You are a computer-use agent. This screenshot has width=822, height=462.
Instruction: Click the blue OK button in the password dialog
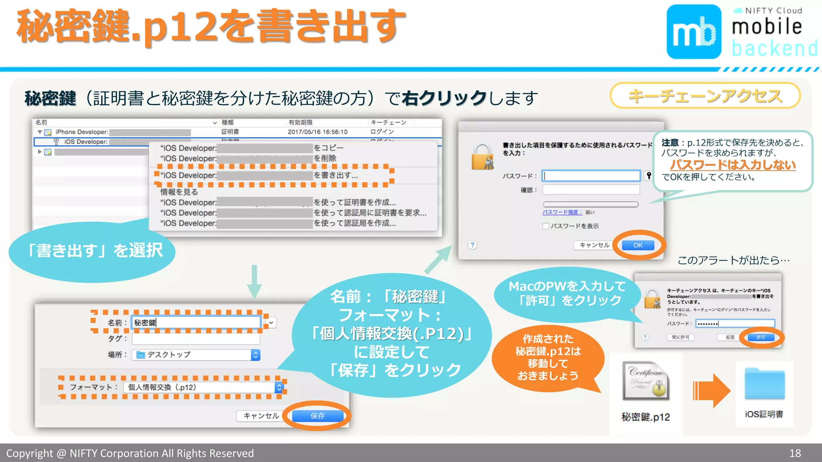638,245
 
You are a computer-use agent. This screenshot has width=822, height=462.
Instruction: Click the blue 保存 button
317,416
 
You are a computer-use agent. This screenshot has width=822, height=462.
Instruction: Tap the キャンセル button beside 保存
261,416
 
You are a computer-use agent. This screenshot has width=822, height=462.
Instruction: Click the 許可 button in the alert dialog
761,337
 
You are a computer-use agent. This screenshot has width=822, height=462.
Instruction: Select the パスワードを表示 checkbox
546,226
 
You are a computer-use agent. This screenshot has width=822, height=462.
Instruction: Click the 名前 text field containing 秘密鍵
196,322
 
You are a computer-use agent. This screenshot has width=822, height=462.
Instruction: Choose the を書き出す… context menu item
336,175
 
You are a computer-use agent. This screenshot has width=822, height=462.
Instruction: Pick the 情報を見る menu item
179,192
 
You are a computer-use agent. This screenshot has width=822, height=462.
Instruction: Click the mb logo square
694,32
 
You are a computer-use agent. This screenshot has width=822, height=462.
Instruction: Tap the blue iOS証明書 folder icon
764,384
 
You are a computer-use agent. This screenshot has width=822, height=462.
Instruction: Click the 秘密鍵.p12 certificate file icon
645,381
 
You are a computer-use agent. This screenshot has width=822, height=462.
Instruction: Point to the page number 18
795,453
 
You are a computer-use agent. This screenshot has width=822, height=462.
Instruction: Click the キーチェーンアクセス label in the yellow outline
705,96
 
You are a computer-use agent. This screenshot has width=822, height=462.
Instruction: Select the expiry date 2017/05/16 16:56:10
317,132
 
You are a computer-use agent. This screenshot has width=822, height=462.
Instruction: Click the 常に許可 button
680,337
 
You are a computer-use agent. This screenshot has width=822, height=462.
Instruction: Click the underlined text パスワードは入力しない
732,165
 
